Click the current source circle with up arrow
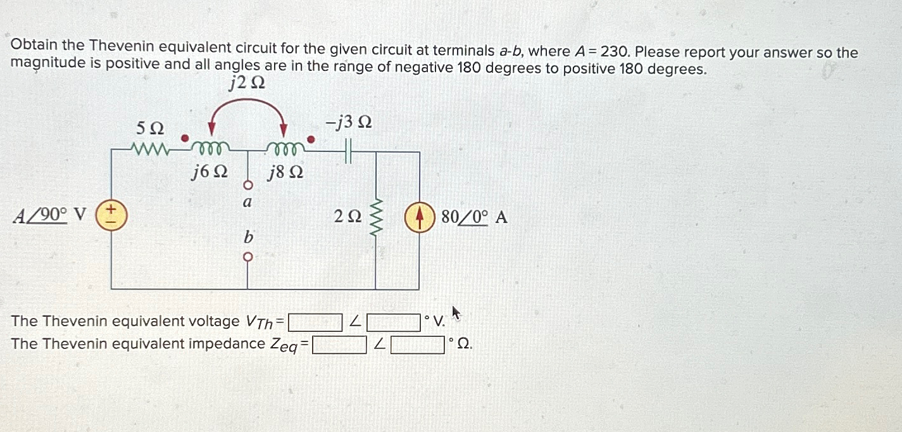[x=419, y=217]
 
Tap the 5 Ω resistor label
[x=150, y=129]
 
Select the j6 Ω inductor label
[x=210, y=172]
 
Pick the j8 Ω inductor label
[x=285, y=172]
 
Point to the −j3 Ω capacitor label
[x=348, y=124]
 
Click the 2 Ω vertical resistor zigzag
[x=377, y=217]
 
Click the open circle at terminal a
[x=248, y=185]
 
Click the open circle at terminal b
[x=248, y=257]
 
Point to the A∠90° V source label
[x=49, y=215]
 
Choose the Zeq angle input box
[x=418, y=345]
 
